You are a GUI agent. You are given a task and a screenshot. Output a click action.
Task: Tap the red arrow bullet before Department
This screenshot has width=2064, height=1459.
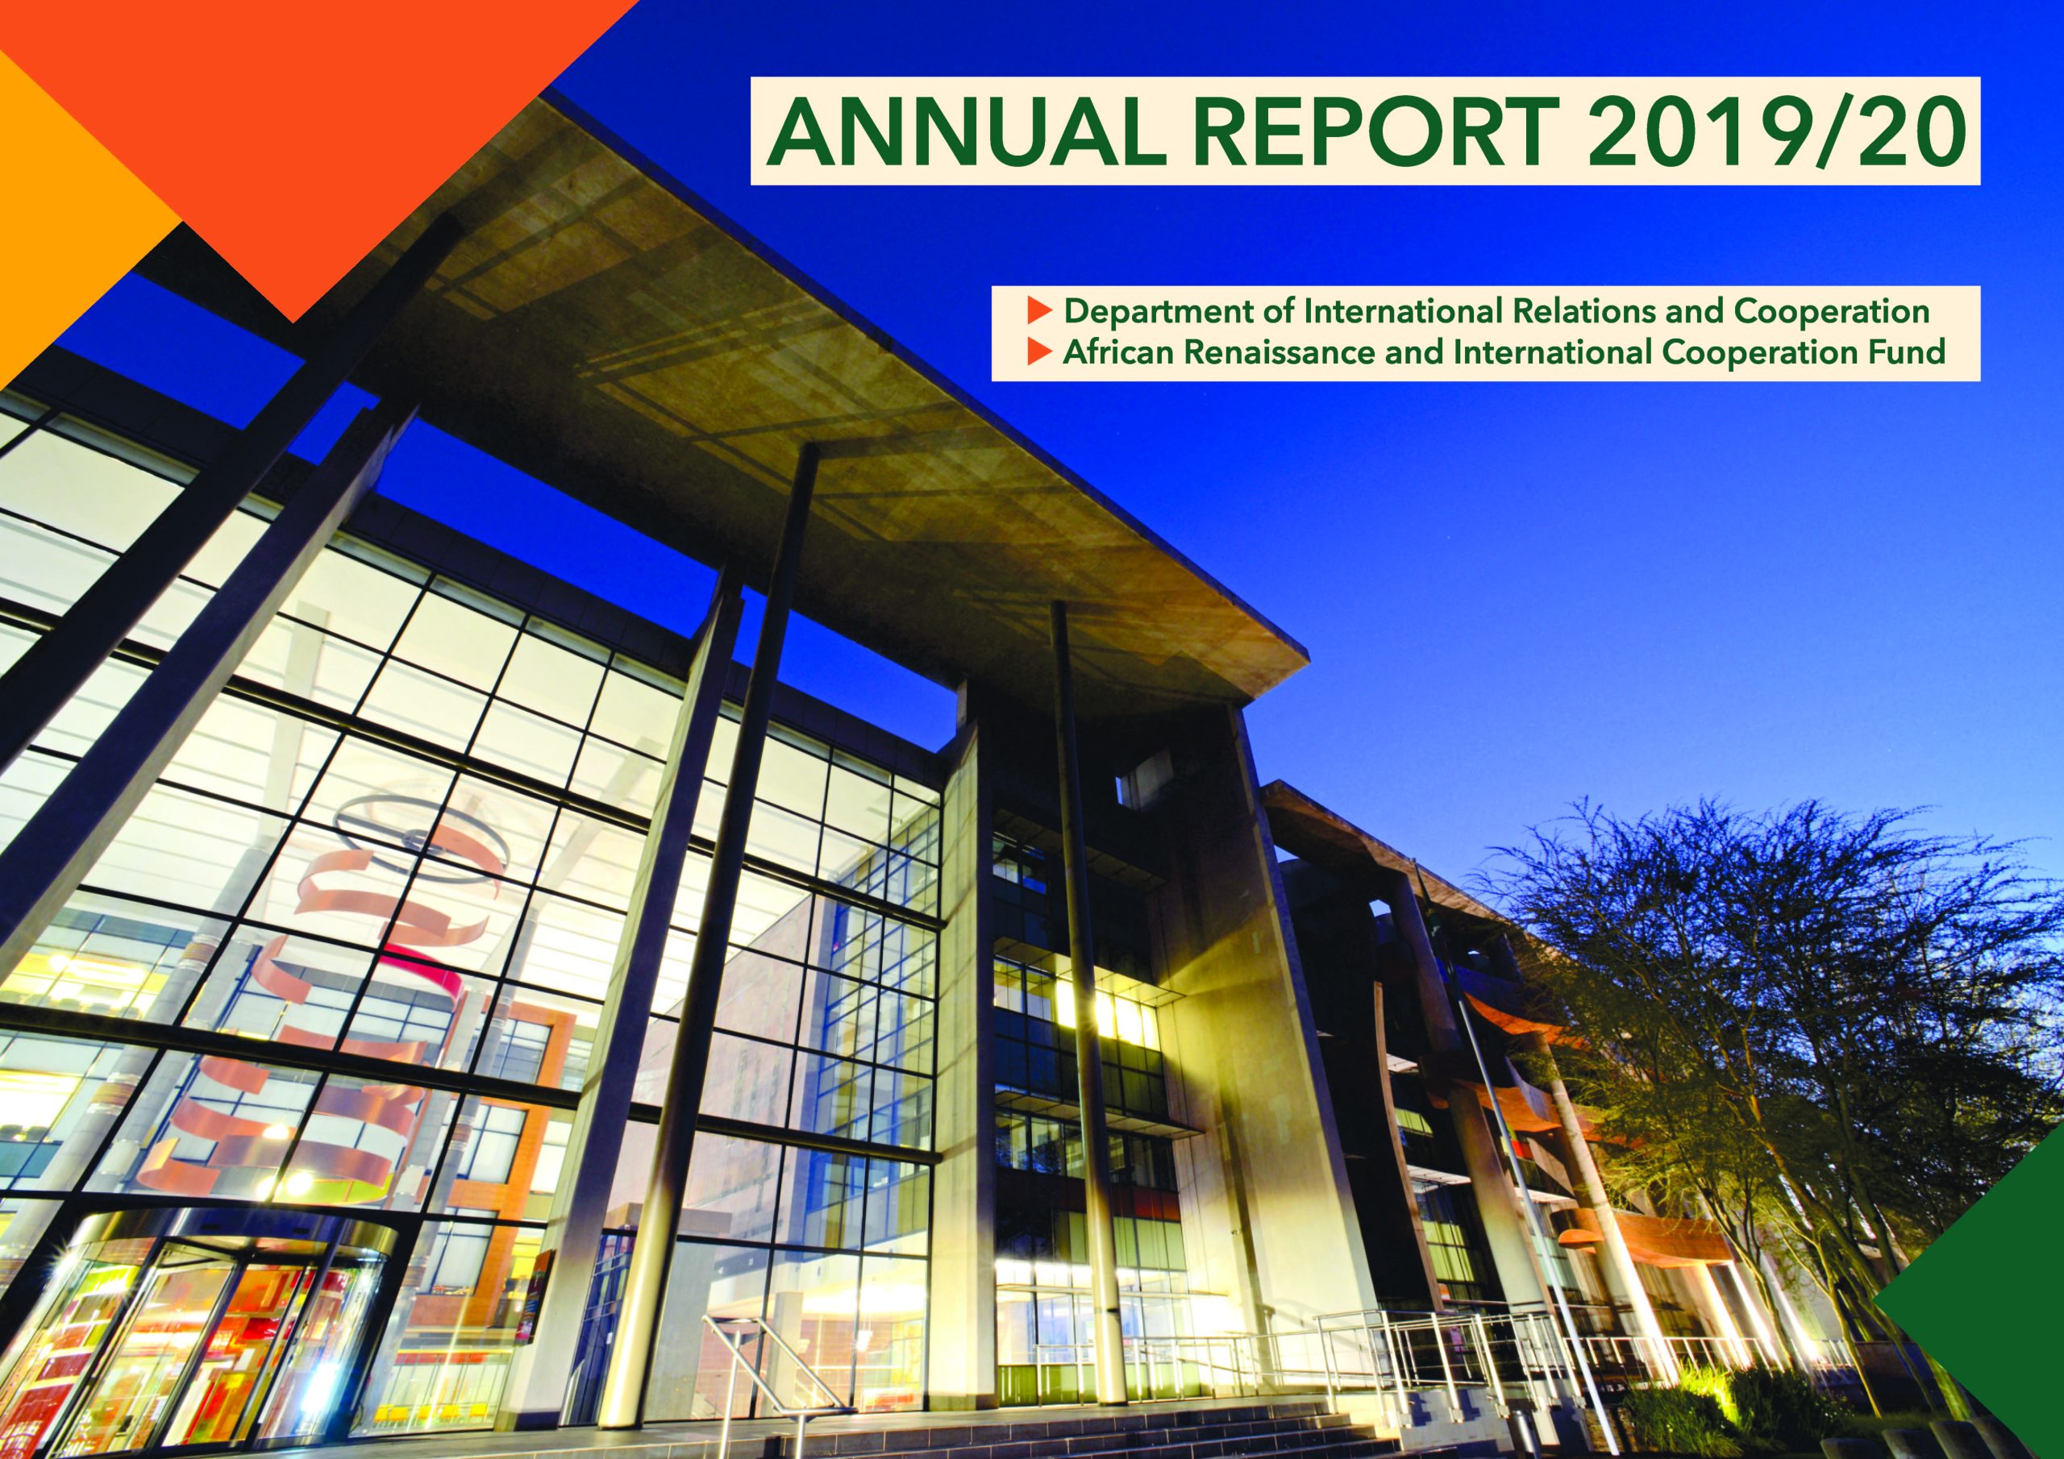[1038, 312]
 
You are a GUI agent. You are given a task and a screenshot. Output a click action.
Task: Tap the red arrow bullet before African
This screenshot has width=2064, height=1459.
[1038, 352]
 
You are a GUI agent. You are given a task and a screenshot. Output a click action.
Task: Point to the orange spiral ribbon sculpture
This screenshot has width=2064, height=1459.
[351, 998]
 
